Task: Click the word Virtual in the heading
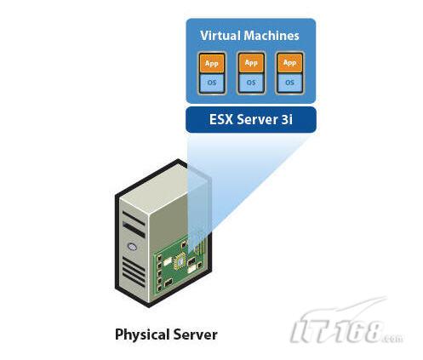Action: [x=220, y=36]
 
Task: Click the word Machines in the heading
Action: [x=272, y=36]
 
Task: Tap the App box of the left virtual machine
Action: [x=212, y=63]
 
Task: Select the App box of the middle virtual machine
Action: [x=251, y=63]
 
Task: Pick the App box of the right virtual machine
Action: [x=289, y=63]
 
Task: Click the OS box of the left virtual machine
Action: [x=212, y=83]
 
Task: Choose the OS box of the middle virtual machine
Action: [x=251, y=83]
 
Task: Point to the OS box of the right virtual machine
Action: [x=289, y=83]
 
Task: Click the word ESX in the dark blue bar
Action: [x=221, y=119]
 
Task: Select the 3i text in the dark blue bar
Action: [x=287, y=119]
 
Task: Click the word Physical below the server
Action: [x=142, y=334]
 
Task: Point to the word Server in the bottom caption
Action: [x=196, y=334]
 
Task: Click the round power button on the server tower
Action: [x=132, y=247]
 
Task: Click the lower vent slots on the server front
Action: [x=134, y=271]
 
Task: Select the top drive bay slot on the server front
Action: [x=134, y=217]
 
